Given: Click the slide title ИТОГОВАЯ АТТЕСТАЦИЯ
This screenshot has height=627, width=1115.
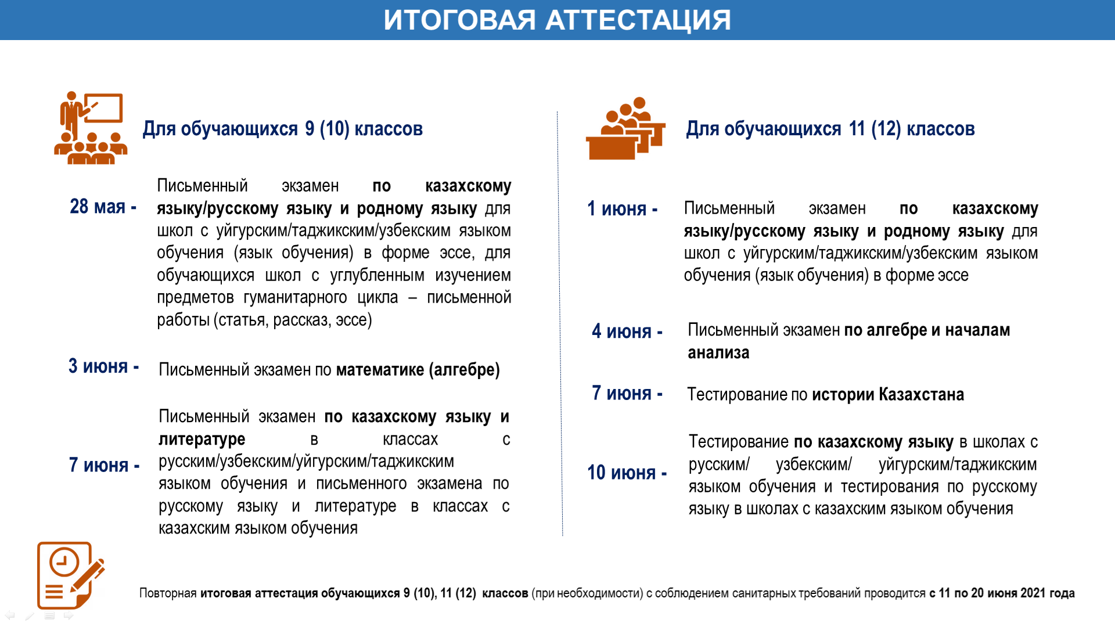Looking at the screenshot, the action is tap(557, 20).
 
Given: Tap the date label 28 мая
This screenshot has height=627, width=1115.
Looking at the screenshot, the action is tap(98, 206).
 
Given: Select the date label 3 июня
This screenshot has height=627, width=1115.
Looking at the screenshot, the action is tap(98, 366).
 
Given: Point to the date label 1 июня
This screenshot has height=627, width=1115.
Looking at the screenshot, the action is tap(617, 208).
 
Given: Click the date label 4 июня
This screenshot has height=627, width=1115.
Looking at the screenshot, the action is tap(621, 331).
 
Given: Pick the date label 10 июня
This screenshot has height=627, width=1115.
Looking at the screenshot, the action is tap(621, 473).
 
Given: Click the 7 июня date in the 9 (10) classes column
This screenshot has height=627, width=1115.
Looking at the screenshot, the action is tap(99, 465).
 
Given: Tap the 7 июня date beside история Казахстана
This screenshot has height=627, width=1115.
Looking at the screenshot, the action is tap(621, 393).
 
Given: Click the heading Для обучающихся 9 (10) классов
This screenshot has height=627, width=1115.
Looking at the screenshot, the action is tap(283, 129).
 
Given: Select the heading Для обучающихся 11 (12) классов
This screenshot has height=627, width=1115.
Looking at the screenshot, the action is tap(830, 129).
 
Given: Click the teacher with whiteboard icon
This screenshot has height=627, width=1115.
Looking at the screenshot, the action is tap(91, 128).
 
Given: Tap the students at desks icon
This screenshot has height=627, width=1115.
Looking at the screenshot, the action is tap(625, 128).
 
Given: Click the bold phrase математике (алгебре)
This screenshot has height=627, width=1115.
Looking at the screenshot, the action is tap(418, 370).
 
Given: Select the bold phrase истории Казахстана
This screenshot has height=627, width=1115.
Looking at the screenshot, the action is tap(888, 395).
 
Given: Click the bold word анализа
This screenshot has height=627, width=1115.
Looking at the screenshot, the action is tap(718, 353).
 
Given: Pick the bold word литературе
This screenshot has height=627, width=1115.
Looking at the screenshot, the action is tap(202, 439).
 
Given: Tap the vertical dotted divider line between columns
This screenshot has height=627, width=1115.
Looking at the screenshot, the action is tap(560, 323).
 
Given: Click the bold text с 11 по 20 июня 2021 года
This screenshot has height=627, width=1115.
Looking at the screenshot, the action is tap(1002, 593).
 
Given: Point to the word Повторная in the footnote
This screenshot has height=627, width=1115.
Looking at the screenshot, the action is tap(168, 593).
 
